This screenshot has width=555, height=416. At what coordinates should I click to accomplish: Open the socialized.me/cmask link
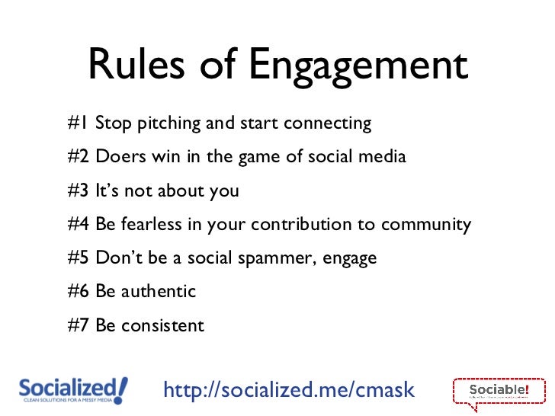click(x=289, y=390)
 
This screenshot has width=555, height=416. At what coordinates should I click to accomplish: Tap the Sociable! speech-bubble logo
click(x=499, y=392)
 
